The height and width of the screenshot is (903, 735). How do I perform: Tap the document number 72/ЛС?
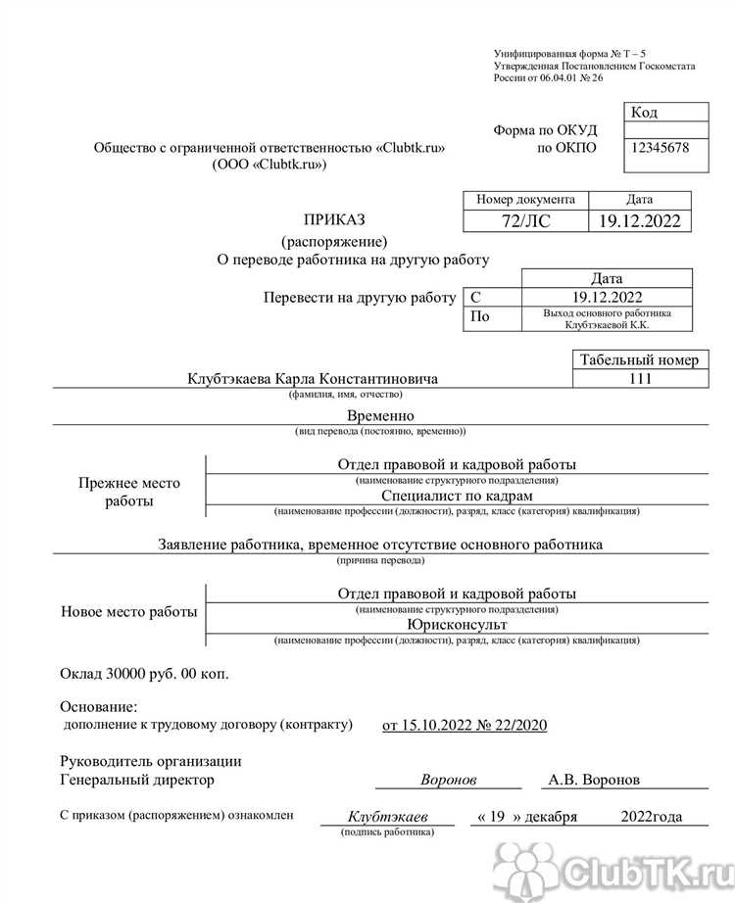pyautogui.click(x=525, y=221)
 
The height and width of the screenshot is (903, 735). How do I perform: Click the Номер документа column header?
pyautogui.click(x=525, y=199)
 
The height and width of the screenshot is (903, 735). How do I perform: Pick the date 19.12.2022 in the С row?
pyautogui.click(x=606, y=297)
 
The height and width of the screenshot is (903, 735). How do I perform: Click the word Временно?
pyautogui.click(x=380, y=415)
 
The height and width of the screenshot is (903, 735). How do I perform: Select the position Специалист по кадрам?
pyautogui.click(x=457, y=497)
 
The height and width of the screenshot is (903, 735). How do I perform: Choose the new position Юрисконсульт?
pyautogui.click(x=457, y=624)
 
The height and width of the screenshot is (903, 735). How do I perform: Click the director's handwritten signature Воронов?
pyautogui.click(x=448, y=780)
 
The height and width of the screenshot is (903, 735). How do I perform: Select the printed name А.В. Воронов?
pyautogui.click(x=595, y=780)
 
